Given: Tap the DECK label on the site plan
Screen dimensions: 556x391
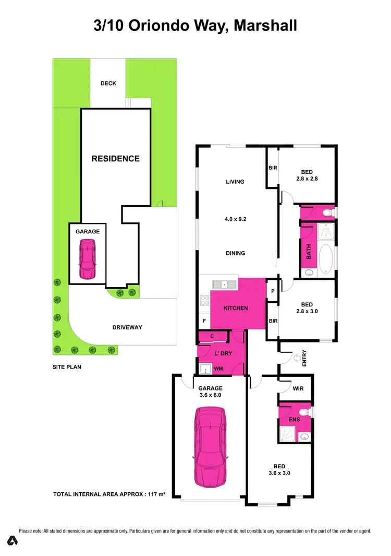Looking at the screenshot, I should click(108, 84).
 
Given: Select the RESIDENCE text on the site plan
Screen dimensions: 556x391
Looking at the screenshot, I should click(116, 158).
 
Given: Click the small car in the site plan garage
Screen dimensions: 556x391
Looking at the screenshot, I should click(88, 259).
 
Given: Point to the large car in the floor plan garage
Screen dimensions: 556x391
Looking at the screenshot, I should click(211, 447).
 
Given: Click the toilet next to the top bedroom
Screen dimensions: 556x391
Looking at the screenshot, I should click(327, 212).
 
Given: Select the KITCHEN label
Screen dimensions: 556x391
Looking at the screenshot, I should click(236, 309).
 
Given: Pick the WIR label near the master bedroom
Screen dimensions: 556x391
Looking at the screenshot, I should click(298, 389).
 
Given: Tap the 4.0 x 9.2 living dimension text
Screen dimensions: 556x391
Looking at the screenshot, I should click(235, 219).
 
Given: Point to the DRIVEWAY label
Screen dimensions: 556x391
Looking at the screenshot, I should click(127, 327).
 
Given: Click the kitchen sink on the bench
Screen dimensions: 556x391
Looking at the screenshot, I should click(225, 284).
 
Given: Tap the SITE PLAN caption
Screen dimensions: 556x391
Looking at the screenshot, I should click(67, 367).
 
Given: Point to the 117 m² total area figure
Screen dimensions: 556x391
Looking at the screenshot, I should click(155, 494).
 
